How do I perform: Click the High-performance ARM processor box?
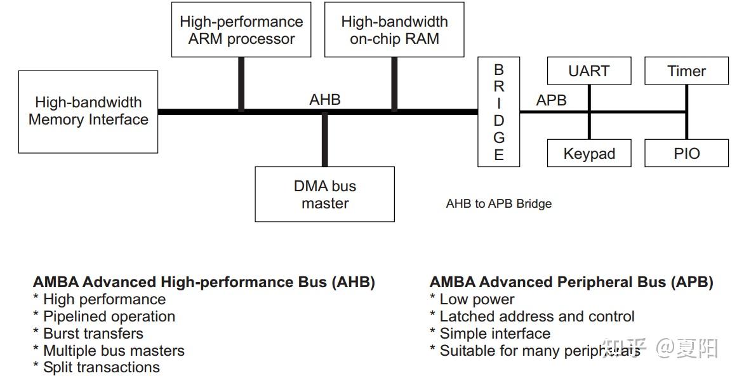tap(241, 30)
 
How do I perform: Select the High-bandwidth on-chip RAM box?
tap(394, 30)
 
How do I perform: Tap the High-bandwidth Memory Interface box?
tap(88, 111)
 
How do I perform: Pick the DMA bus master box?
tap(324, 194)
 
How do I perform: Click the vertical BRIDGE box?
tap(498, 112)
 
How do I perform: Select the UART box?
tap(588, 71)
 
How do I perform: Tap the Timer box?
tap(686, 71)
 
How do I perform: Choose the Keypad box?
tap(588, 154)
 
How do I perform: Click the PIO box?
tap(686, 154)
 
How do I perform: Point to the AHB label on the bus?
tap(325, 100)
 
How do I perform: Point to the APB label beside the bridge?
tap(551, 100)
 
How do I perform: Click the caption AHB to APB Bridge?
tap(498, 204)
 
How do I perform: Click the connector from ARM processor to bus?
tap(241, 84)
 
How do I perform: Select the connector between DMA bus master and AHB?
tap(325, 140)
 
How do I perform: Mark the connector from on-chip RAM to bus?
tap(394, 84)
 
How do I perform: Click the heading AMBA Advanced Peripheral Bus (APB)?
tap(571, 282)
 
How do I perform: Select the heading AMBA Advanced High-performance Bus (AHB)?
tap(204, 282)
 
